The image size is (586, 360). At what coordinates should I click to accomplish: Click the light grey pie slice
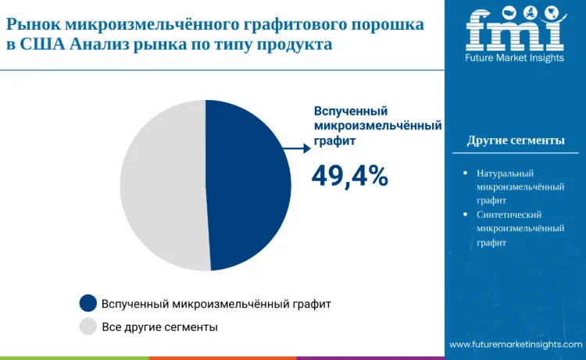tap(163, 186)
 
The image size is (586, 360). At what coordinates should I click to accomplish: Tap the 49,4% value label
tap(349, 176)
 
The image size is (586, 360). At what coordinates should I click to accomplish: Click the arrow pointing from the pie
tap(295, 147)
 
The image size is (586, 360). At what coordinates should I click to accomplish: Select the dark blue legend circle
tap(88, 303)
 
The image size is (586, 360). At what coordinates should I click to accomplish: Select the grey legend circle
tap(88, 326)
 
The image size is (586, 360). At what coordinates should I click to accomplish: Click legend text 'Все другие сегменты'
tap(159, 326)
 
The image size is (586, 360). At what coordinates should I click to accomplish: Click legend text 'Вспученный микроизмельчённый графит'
tap(216, 303)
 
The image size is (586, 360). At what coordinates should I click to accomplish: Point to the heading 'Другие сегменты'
tap(516, 141)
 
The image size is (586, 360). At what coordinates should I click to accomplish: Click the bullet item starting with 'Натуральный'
tap(520, 187)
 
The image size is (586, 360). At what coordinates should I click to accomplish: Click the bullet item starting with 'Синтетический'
tap(520, 228)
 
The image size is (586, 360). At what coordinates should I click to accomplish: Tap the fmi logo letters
tap(515, 30)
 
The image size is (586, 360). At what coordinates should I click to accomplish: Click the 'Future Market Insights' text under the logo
tap(515, 58)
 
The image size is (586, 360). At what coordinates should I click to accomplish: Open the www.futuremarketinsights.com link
tap(516, 344)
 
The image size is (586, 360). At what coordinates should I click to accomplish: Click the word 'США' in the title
tap(42, 45)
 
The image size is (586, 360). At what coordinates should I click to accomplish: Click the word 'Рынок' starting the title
tap(32, 24)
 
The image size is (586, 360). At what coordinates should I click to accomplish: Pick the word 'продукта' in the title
tap(296, 45)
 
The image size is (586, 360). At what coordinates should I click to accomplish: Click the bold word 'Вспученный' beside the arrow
tap(351, 111)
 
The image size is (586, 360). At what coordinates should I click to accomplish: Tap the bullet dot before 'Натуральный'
tap(466, 173)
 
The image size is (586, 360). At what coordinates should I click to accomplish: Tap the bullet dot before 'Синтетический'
tap(466, 214)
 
